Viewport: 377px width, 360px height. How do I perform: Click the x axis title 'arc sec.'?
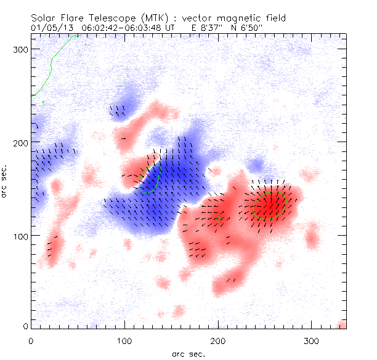188,353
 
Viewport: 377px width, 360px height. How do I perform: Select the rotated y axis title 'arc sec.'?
6,182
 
